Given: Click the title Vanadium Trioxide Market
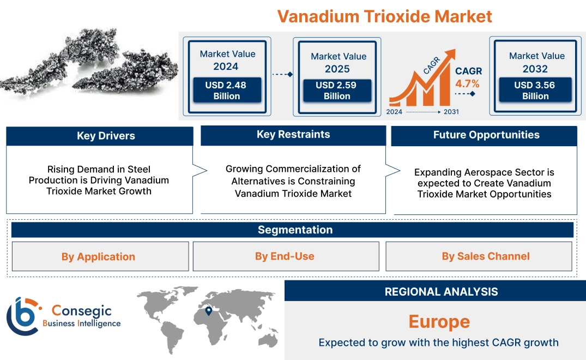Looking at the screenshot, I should [384, 16].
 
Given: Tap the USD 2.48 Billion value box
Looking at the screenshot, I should [227, 91].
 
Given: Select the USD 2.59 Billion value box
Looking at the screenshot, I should [337, 91].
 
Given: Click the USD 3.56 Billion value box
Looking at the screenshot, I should [535, 91].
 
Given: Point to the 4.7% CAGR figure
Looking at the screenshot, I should [467, 83].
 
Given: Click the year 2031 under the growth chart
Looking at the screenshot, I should [451, 112].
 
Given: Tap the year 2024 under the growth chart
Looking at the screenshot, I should [395, 112].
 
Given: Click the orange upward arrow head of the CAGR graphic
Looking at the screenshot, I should [450, 55].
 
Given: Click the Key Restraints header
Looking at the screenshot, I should [293, 135].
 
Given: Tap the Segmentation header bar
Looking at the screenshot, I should [295, 230].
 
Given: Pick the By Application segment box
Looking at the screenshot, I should [98, 256].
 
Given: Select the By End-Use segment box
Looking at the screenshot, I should [285, 256].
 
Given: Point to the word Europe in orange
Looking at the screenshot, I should [439, 321].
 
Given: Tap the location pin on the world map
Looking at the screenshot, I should [208, 311].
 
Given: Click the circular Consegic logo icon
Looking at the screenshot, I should [22, 316].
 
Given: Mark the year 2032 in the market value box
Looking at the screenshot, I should [536, 69].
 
